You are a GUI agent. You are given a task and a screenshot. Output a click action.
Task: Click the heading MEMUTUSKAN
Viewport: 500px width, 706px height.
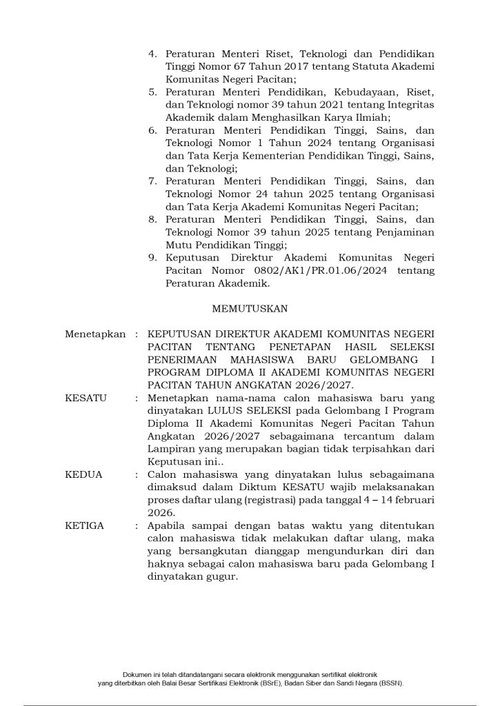[x=250, y=308]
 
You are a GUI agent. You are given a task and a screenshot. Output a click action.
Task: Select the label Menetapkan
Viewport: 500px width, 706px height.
[x=95, y=334]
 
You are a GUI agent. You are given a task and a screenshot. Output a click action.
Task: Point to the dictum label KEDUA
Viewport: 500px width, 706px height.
[x=83, y=475]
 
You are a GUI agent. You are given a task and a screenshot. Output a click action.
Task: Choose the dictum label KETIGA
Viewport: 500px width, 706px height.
[x=84, y=526]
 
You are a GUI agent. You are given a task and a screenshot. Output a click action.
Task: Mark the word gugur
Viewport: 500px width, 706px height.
[x=222, y=577]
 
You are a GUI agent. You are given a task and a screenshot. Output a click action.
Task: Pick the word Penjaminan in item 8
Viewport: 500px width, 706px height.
[x=404, y=232]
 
